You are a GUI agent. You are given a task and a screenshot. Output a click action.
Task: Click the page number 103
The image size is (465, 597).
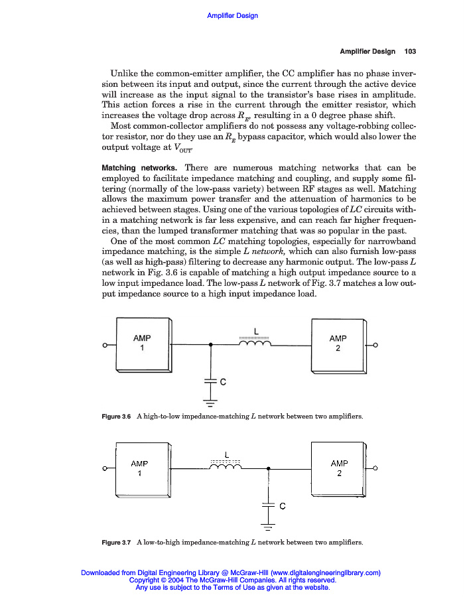[409, 52]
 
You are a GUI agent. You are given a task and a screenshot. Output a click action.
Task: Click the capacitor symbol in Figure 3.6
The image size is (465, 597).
[210, 381]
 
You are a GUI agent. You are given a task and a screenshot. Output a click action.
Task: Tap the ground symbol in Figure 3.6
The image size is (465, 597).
[210, 402]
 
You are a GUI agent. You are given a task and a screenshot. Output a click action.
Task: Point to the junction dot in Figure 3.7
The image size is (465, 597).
[268, 469]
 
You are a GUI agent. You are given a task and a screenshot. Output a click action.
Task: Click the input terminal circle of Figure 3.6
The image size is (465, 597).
[105, 346]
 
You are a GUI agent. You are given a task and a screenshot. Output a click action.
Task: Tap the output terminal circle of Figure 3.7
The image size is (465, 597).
[375, 469]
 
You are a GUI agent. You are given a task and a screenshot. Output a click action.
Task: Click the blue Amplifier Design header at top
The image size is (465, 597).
[232, 16]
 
